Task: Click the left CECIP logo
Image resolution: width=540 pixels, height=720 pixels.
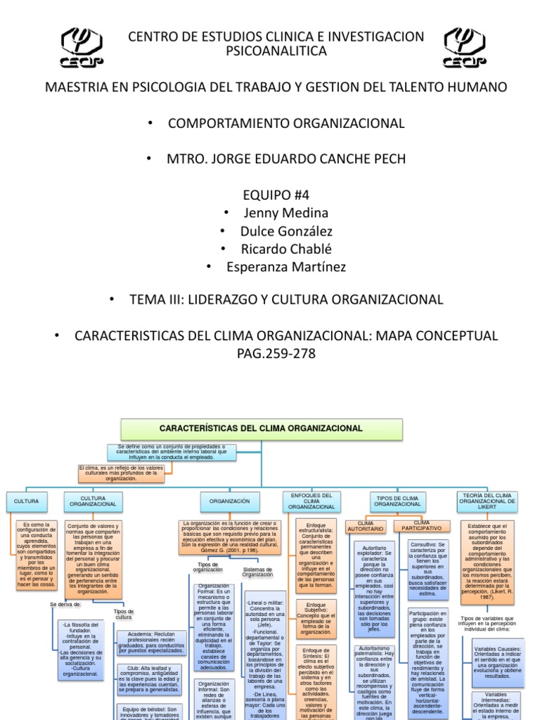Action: coord(83,48)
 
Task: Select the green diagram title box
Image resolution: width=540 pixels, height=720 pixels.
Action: coord(262,429)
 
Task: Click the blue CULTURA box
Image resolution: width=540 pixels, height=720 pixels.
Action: coord(27,501)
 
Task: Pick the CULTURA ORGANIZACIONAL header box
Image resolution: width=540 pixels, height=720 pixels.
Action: coord(94,501)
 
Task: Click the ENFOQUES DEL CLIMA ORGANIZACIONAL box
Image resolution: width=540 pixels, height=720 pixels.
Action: coord(311,501)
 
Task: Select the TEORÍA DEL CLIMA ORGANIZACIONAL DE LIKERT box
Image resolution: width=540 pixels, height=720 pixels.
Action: coord(487,501)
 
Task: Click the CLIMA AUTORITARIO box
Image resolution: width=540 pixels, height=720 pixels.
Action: coord(366,526)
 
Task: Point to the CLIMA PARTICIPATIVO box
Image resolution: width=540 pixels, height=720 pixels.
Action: coord(423,525)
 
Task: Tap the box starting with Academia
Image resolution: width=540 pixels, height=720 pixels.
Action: coord(152,643)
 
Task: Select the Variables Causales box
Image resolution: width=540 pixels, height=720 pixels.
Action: coord(498,662)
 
